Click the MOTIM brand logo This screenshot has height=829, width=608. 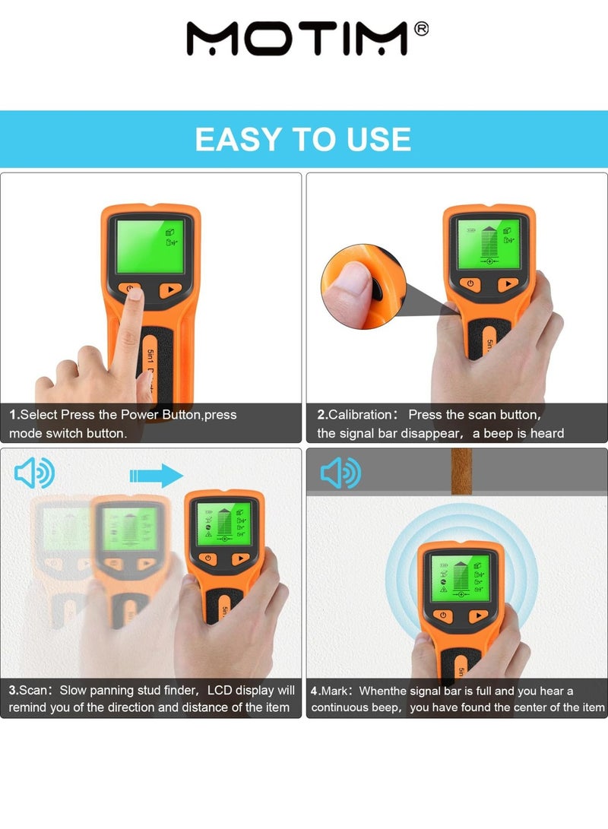pyautogui.click(x=296, y=38)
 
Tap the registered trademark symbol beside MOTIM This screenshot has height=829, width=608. pyautogui.click(x=421, y=28)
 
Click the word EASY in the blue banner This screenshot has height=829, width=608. pyautogui.click(x=239, y=140)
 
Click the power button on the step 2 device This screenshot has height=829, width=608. pyautogui.click(x=470, y=283)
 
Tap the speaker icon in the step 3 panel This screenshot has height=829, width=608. pyautogui.click(x=35, y=474)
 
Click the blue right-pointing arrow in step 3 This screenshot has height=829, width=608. pyautogui.click(x=157, y=476)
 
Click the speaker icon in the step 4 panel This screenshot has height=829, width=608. pyautogui.click(x=340, y=473)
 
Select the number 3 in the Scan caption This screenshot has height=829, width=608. pyautogui.click(x=13, y=691)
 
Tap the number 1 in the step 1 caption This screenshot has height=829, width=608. pyautogui.click(x=13, y=415)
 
